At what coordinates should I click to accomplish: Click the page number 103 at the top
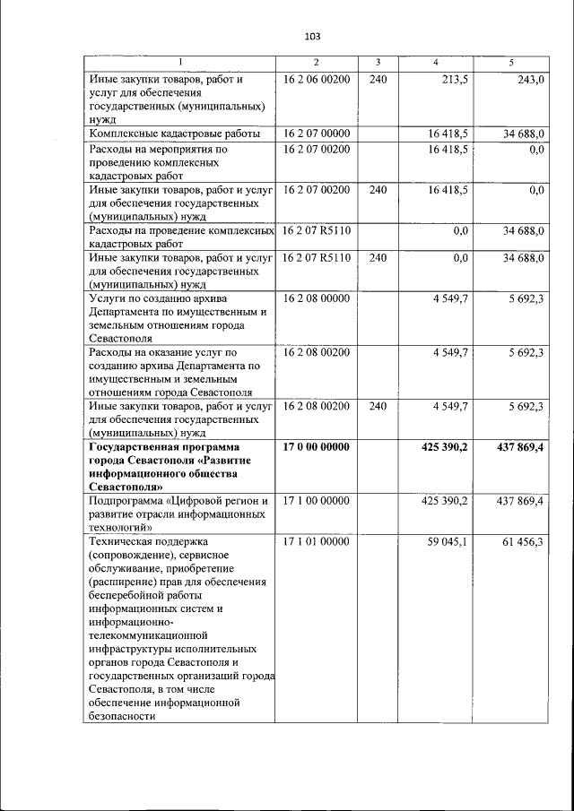[x=312, y=37]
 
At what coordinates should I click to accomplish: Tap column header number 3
[x=378, y=62]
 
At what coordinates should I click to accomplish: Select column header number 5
[x=511, y=62]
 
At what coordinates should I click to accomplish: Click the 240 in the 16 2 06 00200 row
[x=378, y=80]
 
